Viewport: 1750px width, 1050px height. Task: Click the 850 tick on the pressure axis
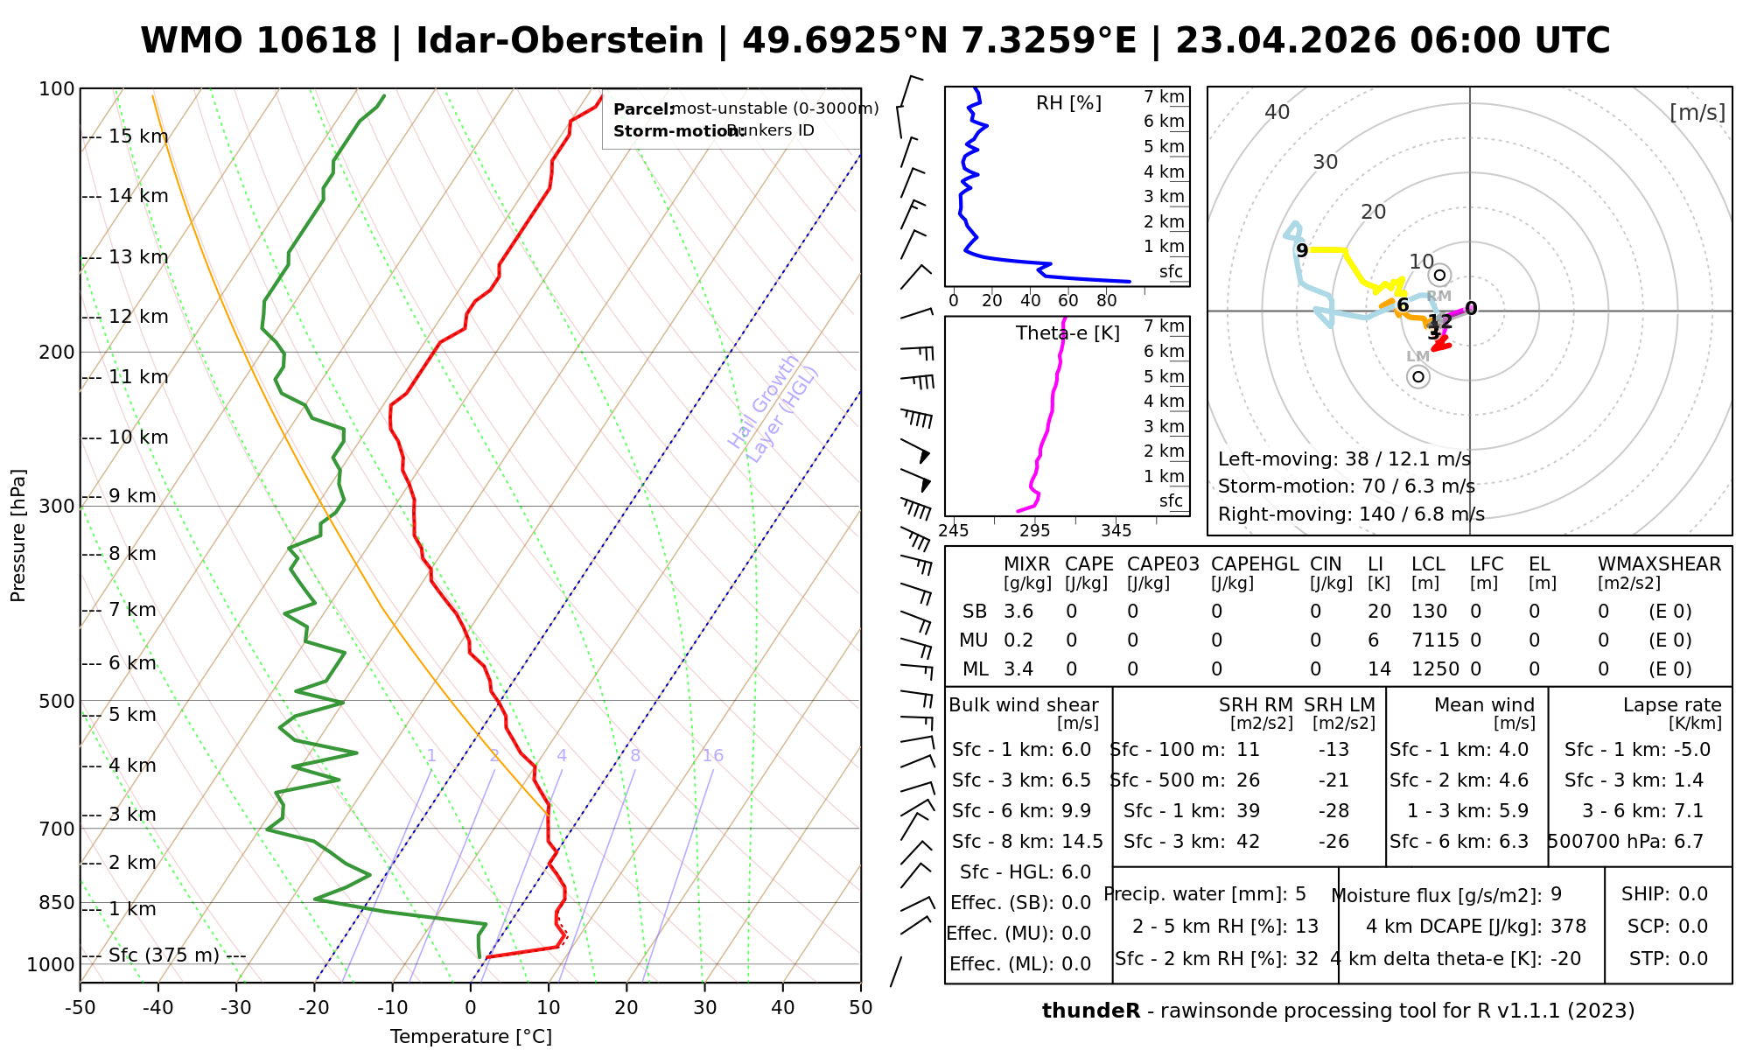[57, 902]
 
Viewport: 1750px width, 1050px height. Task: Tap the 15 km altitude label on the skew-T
[138, 136]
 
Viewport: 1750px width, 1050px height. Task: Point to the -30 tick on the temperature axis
[236, 1008]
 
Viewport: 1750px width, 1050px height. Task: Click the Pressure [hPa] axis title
[18, 535]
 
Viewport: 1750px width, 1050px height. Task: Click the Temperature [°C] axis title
[471, 1037]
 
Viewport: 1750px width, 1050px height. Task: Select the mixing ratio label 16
[712, 756]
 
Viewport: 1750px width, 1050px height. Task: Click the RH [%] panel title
[1068, 103]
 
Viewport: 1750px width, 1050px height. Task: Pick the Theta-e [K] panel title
[1067, 333]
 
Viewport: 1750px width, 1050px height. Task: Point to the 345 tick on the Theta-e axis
[1116, 531]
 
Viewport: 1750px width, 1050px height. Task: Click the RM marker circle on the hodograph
[1440, 276]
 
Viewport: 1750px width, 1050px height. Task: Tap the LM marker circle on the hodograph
[1418, 376]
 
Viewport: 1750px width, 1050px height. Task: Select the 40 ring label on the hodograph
[1277, 112]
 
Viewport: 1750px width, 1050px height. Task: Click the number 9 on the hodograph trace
[1302, 251]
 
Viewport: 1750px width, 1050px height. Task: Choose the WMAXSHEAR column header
[1659, 564]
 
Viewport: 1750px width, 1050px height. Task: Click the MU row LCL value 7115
[1435, 640]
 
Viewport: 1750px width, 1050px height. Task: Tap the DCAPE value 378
[1568, 927]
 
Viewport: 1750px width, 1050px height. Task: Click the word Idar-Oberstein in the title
[560, 41]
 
